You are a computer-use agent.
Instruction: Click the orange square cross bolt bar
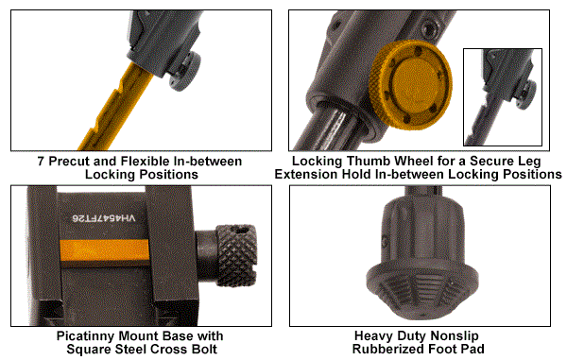105,250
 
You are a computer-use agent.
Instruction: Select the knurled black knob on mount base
237,255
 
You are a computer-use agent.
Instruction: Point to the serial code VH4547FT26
103,218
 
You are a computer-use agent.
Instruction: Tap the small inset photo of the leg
503,97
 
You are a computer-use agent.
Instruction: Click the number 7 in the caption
41,162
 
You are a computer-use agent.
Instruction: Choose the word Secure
493,161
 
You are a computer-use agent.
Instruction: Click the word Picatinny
86,336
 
